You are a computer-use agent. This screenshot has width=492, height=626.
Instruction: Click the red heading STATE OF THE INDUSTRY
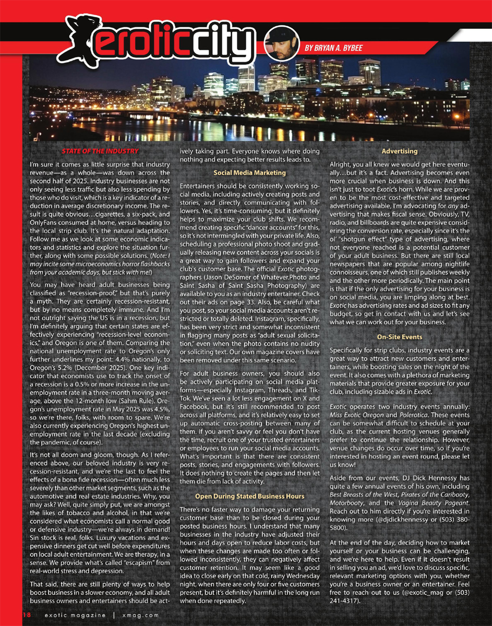[x=99, y=151]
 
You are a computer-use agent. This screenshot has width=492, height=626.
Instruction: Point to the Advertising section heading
[x=400, y=151]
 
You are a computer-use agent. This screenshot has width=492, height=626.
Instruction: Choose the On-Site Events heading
[x=400, y=337]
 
